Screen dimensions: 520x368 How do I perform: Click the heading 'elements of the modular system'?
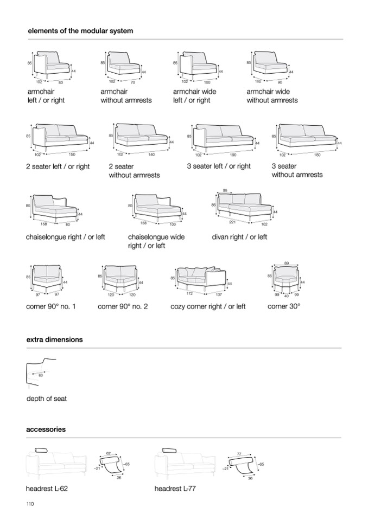click(80, 31)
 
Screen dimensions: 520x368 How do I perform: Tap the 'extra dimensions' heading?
click(55, 339)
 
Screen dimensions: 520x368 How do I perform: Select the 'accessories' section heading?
click(46, 429)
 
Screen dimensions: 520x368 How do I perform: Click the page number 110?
click(30, 504)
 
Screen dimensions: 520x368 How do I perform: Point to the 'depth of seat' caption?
click(47, 399)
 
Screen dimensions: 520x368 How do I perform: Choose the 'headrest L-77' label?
click(175, 489)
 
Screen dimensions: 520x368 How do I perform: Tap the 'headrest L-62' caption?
click(47, 489)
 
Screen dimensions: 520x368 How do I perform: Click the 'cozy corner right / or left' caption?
click(208, 307)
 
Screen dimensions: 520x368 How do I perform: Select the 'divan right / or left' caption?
click(239, 237)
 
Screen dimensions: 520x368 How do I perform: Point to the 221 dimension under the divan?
click(232, 222)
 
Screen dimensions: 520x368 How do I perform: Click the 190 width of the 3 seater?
click(233, 155)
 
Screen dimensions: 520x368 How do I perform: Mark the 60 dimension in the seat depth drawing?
click(41, 375)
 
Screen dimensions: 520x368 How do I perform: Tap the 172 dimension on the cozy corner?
click(189, 293)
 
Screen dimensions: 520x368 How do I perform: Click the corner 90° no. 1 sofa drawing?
click(47, 279)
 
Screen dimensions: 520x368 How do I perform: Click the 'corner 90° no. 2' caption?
click(123, 306)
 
